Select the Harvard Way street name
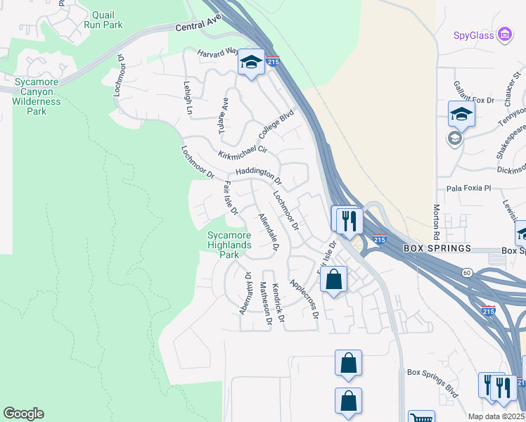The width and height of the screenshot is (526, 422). click(x=218, y=52)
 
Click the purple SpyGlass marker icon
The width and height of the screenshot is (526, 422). click(x=503, y=34)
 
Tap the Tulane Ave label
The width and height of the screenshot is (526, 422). click(x=224, y=115)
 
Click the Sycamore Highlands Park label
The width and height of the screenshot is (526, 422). click(x=229, y=245)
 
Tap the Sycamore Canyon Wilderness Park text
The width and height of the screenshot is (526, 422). click(x=37, y=96)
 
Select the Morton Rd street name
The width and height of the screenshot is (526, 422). click(x=437, y=222)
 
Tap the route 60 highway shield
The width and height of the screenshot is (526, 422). click(x=467, y=272)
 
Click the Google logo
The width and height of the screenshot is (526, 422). click(x=23, y=414)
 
